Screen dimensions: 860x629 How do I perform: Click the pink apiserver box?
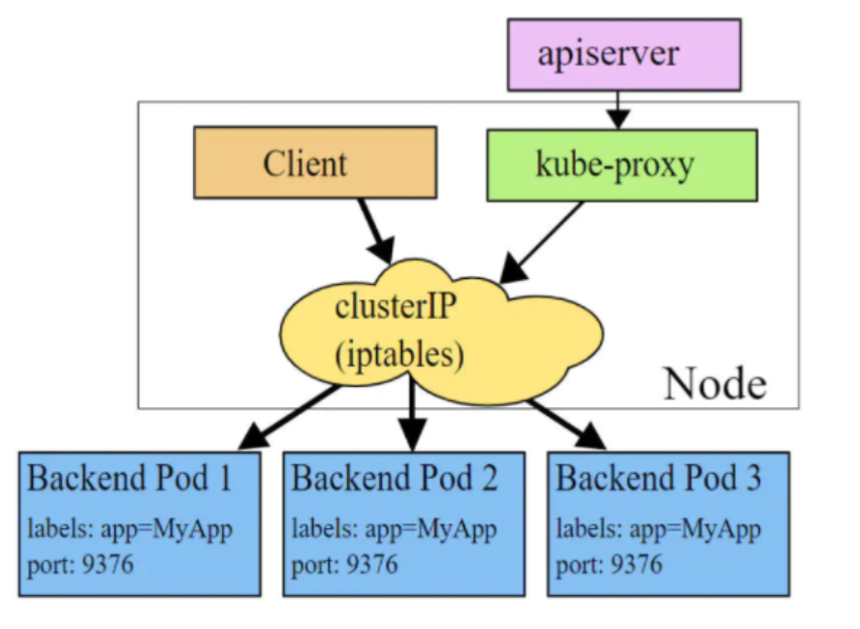pyautogui.click(x=624, y=55)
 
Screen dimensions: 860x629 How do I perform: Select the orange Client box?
pyautogui.click(x=315, y=162)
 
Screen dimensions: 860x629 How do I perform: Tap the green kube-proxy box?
pyautogui.click(x=621, y=166)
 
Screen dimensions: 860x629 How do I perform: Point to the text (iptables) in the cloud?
pyautogui.click(x=399, y=355)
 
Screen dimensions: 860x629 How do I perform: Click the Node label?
pyautogui.click(x=715, y=384)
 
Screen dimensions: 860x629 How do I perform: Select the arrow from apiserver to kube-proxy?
pyautogui.click(x=619, y=110)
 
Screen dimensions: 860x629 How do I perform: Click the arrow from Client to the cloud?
pyautogui.click(x=376, y=231)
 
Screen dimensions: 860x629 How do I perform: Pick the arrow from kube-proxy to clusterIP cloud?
pyautogui.click(x=541, y=242)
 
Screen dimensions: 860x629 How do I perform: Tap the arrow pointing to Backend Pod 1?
pyautogui.click(x=290, y=418)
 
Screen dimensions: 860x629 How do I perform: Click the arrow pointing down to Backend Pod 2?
pyautogui.click(x=412, y=412)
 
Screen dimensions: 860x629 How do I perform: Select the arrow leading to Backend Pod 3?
pyautogui.click(x=567, y=425)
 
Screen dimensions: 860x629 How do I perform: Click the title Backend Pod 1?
pyautogui.click(x=130, y=478)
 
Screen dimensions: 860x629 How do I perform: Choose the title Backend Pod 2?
pyautogui.click(x=395, y=478)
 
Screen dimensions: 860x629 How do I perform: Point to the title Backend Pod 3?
pyautogui.click(x=658, y=478)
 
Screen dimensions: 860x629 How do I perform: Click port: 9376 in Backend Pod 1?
pyautogui.click(x=80, y=565)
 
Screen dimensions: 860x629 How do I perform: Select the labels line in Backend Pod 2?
pyautogui.click(x=395, y=530)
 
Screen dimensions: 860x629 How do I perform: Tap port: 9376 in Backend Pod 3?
pyautogui.click(x=609, y=565)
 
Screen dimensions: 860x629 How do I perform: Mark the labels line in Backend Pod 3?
pyautogui.click(x=658, y=530)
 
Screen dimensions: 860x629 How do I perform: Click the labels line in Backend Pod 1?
pyautogui.click(x=130, y=530)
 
